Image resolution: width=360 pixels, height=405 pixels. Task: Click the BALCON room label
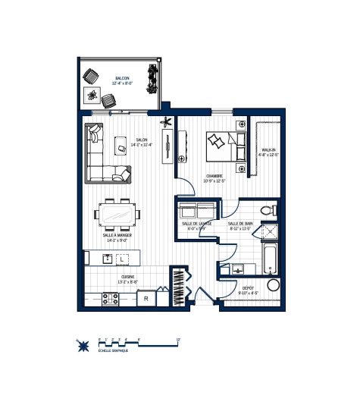(123, 79)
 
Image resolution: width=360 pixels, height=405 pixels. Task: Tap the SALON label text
(142, 140)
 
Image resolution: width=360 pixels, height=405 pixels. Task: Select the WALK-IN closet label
(270, 151)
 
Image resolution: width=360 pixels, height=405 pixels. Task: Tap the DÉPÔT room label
(249, 289)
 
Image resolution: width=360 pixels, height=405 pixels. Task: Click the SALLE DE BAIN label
(240, 224)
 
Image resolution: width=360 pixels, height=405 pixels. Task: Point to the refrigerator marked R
(146, 299)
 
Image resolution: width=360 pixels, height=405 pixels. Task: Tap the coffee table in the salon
(121, 143)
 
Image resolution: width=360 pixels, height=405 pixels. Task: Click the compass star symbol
(83, 345)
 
